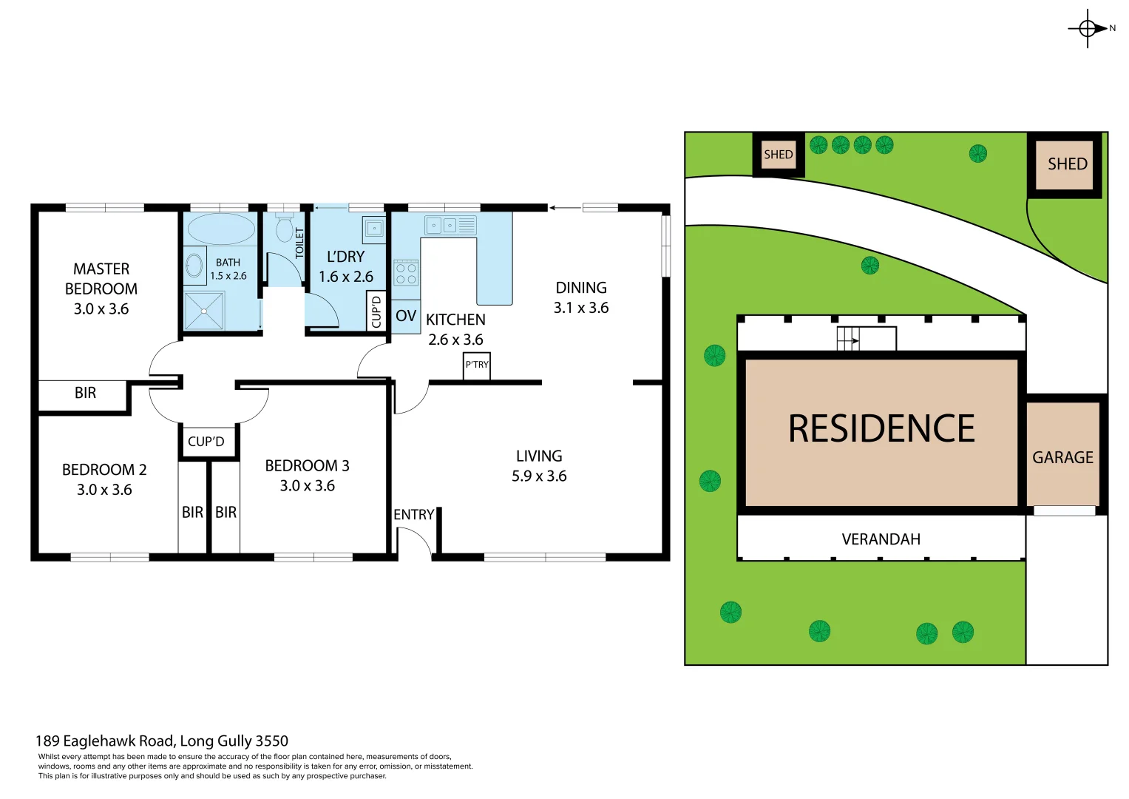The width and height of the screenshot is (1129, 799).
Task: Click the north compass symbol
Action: pos(1088,29)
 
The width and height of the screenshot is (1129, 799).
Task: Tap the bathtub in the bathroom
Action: pos(221,229)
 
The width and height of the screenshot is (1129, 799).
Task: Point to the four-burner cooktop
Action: pos(405,273)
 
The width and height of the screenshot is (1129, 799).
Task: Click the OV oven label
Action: pos(405,317)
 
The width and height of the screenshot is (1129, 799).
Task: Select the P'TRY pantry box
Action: pos(477,365)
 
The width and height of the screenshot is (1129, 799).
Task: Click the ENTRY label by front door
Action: pos(413,515)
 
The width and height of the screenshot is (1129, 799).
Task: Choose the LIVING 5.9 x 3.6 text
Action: pos(539,466)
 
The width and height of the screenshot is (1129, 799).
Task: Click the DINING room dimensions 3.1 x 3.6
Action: pos(581,308)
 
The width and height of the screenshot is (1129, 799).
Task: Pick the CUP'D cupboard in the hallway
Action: pos(206,442)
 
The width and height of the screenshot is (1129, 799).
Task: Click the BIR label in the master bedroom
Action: pos(85,394)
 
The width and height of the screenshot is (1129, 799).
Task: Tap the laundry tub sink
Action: pos(373,229)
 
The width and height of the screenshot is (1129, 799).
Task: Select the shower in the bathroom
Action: pos(204,310)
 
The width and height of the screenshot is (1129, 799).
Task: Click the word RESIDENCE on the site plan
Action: pos(881,429)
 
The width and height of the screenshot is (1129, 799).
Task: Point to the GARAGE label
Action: pos(1062,458)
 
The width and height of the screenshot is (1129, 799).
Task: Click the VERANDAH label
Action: pos(881,539)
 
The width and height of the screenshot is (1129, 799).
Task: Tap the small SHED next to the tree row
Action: pos(778,155)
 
